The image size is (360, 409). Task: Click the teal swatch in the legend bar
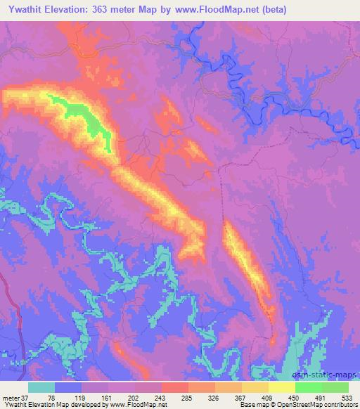click(41, 387)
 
